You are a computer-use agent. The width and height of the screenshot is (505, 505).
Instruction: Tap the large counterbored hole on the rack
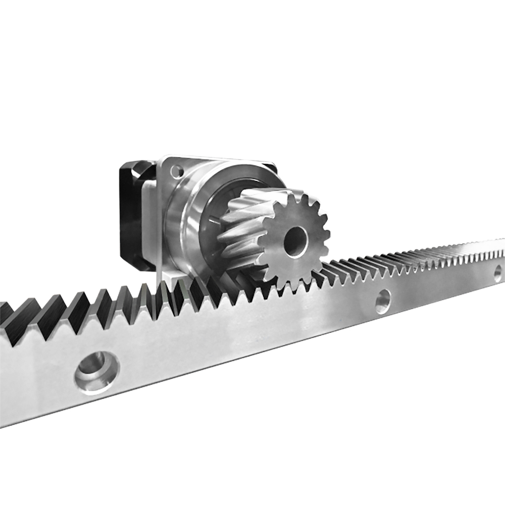pos(96,372)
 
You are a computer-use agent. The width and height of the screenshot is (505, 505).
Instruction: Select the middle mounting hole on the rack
pos(382,301)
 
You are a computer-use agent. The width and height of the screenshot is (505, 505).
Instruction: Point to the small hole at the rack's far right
pos(497,274)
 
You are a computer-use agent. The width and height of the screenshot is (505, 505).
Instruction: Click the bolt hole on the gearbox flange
pos(176,172)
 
